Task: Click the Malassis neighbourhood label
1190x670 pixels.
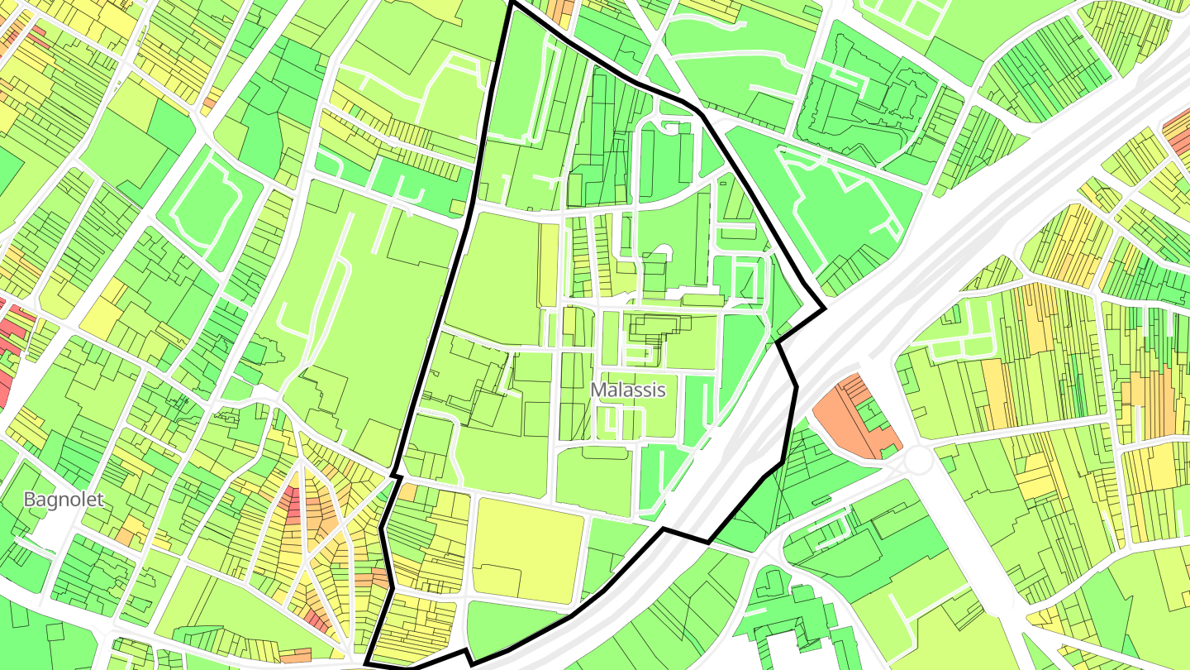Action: pos(628,390)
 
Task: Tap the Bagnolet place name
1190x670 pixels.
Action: pos(64,500)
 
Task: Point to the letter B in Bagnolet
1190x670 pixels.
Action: pos(29,500)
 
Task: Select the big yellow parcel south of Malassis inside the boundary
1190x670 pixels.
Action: pos(529,546)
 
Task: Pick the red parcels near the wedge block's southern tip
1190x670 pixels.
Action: pos(318,616)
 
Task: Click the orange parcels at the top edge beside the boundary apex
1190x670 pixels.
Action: pos(562,10)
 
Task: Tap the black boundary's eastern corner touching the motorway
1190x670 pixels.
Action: pos(825,310)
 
